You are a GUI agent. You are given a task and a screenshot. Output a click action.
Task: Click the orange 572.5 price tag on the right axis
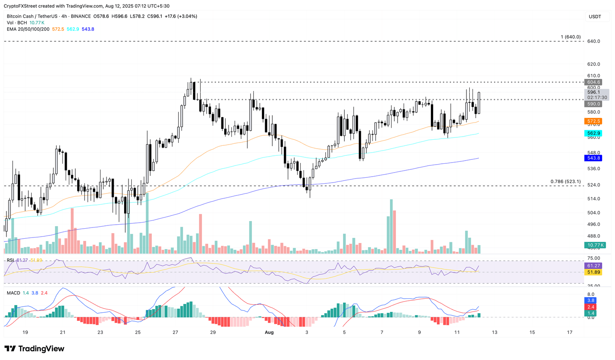click(593, 121)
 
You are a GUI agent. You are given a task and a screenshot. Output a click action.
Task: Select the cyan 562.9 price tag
click(593, 133)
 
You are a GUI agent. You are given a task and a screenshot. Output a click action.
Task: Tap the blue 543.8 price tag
click(593, 158)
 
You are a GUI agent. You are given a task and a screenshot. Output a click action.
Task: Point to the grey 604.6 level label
click(593, 82)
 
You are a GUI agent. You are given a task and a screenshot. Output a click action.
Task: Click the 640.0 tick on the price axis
click(593, 41)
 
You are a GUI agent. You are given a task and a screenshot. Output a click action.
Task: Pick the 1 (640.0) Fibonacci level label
click(571, 37)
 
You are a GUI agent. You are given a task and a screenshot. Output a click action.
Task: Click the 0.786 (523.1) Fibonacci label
click(565, 181)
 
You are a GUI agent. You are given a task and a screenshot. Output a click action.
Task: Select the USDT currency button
click(595, 17)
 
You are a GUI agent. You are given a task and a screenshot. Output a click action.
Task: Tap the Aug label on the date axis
click(269, 332)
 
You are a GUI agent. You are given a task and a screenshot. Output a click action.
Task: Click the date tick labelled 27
click(175, 332)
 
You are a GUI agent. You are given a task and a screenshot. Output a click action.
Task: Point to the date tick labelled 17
click(570, 332)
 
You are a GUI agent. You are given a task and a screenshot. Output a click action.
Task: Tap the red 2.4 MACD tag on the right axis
click(591, 307)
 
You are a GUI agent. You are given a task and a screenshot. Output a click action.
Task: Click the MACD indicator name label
click(13, 293)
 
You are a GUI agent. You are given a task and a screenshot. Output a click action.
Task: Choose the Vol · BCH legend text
click(16, 23)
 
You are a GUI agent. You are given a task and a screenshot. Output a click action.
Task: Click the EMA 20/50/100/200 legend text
click(28, 29)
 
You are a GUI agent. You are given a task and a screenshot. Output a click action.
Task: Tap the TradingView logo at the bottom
click(34, 349)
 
